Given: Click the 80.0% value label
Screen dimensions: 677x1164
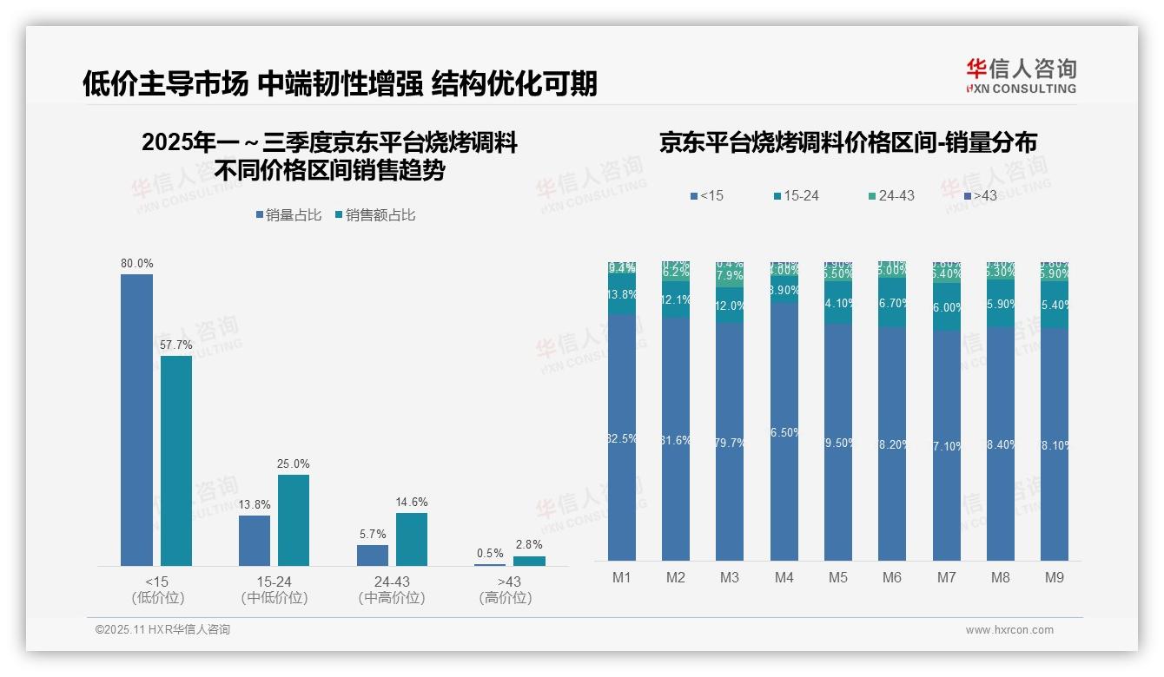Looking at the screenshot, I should (136, 264).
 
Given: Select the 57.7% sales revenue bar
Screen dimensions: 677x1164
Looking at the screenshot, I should (176, 460).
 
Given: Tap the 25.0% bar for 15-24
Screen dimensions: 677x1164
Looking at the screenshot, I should (294, 520).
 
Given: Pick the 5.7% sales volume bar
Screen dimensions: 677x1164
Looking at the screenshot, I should (373, 555).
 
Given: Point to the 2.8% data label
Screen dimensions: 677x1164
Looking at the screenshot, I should (528, 544).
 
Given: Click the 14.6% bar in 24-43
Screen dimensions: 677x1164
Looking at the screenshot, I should (412, 539).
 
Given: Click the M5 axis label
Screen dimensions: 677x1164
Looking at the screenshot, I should (837, 577).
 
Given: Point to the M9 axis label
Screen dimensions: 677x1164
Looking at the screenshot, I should (1054, 577).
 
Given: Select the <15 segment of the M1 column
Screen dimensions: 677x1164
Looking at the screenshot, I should (622, 437).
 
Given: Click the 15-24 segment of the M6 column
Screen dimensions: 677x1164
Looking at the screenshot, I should (891, 303).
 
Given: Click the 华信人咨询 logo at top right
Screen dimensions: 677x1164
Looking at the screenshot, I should (1021, 76).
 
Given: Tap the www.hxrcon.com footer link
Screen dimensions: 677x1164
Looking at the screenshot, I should (1009, 630).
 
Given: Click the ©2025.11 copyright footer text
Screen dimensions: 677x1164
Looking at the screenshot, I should (162, 630).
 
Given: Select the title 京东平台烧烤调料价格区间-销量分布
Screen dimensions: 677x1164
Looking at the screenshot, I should (848, 143).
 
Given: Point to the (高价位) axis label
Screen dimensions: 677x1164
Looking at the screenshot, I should (505, 598).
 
